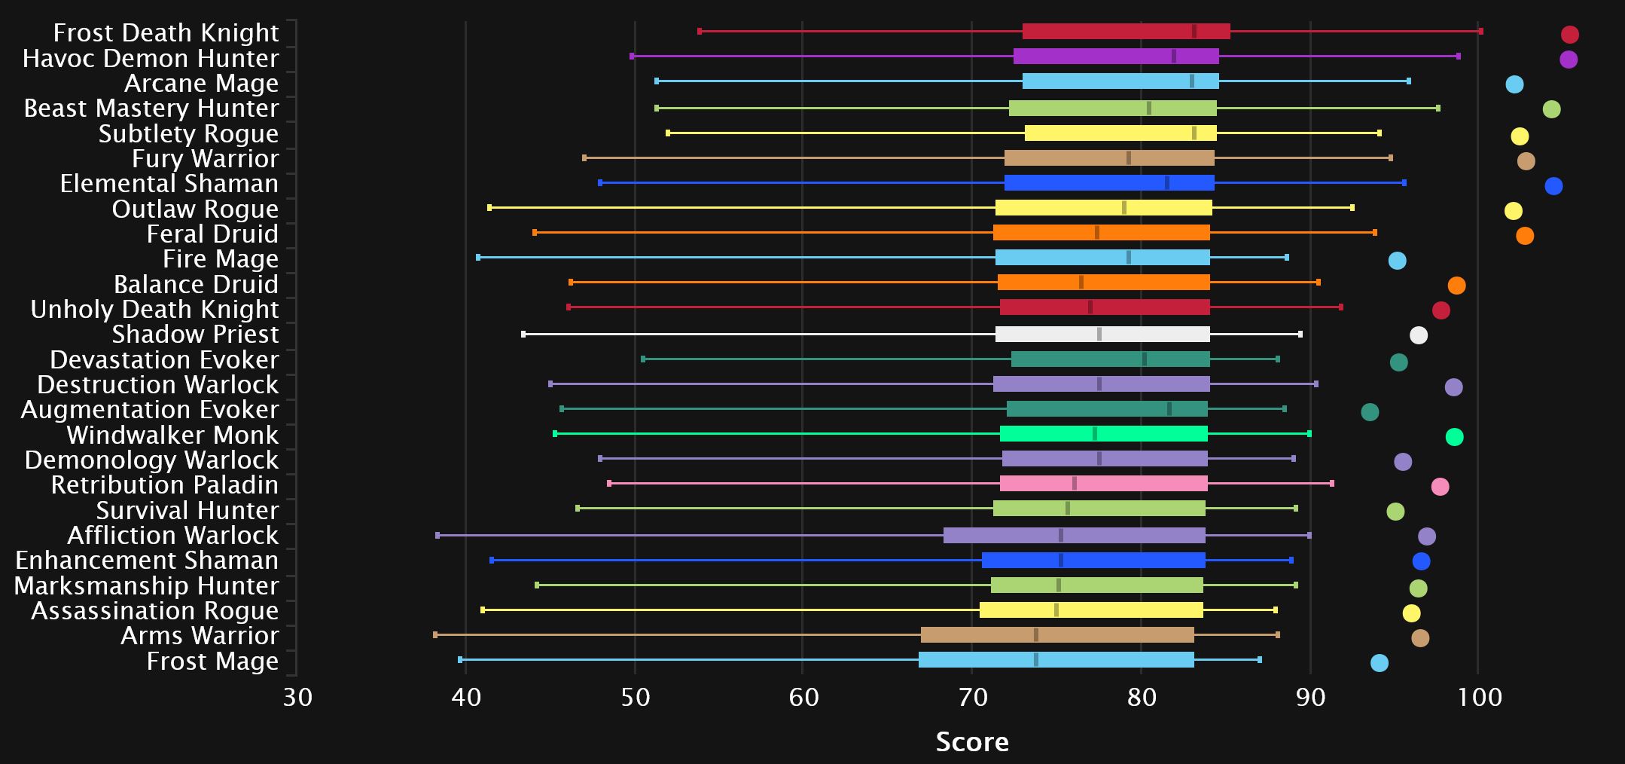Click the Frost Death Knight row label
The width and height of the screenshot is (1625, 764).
(x=166, y=33)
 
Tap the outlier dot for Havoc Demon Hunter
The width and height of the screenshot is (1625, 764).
(x=1569, y=60)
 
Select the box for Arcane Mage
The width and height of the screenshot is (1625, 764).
(x=1120, y=81)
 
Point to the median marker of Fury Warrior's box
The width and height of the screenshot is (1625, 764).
(x=1128, y=158)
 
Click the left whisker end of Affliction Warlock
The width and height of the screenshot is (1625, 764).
(x=437, y=536)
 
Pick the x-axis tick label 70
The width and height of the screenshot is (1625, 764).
(x=972, y=698)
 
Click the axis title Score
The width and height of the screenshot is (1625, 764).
(x=972, y=742)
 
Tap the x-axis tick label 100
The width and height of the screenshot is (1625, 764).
(x=1479, y=698)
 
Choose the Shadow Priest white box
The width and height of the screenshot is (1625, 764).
(x=1102, y=335)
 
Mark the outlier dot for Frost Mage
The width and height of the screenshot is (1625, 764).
(x=1380, y=663)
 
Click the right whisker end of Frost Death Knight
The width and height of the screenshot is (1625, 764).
(x=1481, y=32)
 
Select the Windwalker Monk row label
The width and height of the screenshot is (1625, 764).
(x=172, y=435)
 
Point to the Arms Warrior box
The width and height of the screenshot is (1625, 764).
(x=1057, y=635)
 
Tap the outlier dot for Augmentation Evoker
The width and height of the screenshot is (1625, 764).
(x=1370, y=412)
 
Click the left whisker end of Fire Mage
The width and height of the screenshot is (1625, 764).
(x=478, y=258)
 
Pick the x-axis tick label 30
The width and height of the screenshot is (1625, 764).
(x=297, y=698)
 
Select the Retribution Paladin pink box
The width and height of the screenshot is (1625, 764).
(x=1104, y=484)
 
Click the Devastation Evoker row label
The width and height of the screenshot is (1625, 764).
(x=164, y=360)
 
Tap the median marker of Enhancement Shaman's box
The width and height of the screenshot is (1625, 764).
(x=1061, y=561)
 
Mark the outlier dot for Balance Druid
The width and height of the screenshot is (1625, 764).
(x=1456, y=286)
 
